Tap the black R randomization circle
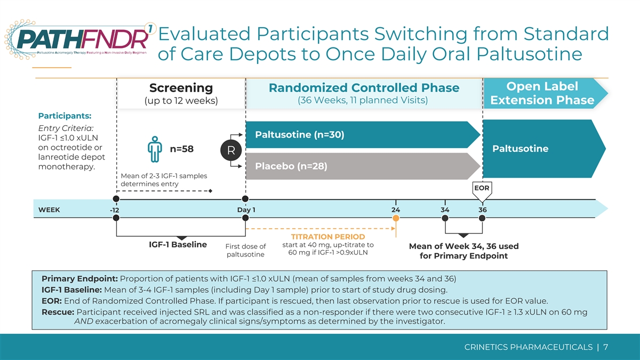[x=231, y=150]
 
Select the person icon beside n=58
[x=155, y=149]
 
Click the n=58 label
[x=182, y=149]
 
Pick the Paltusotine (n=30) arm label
[x=299, y=134]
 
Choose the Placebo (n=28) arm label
[x=291, y=166]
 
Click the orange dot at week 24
[x=396, y=218]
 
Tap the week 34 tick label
[x=445, y=210]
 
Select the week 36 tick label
[x=483, y=210]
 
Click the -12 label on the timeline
[x=115, y=210]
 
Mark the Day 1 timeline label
[x=246, y=210]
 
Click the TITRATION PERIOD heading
[x=328, y=237]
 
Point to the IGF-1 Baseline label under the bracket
[x=178, y=245]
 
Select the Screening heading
[x=181, y=87]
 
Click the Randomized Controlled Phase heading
[x=364, y=87]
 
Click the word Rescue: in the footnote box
[x=58, y=312]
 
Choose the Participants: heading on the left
[x=65, y=116]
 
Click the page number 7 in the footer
[x=605, y=347]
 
